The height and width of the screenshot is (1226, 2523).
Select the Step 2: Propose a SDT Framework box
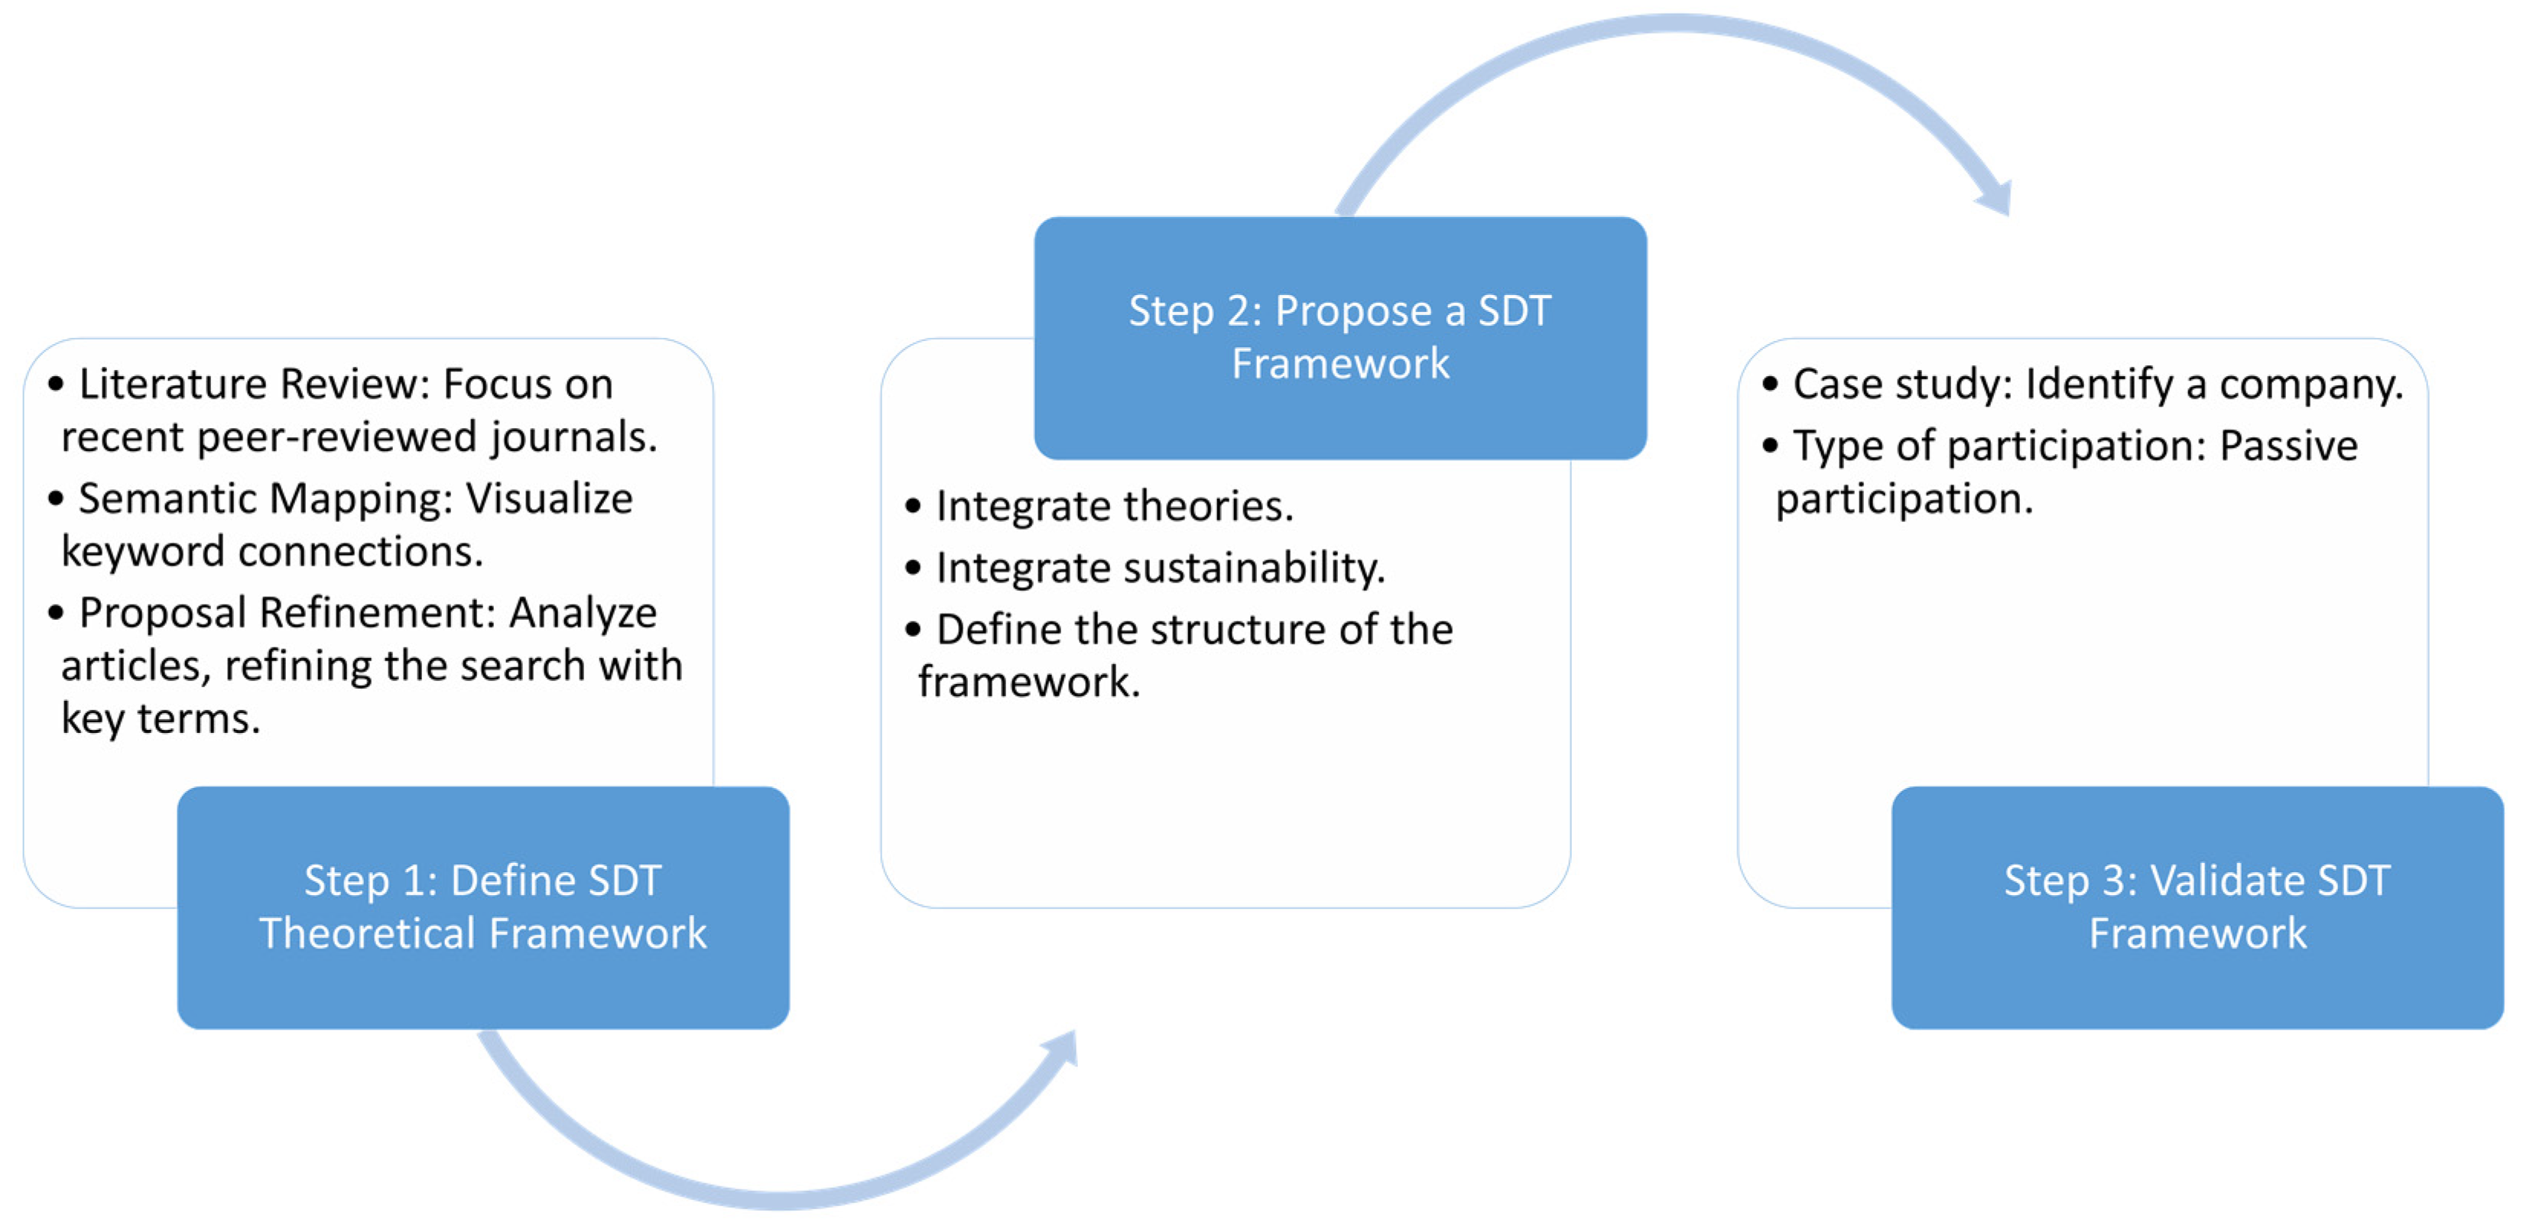tap(1339, 337)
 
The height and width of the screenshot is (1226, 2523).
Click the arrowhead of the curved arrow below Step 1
tap(1063, 1049)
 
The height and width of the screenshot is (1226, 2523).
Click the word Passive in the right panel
tap(2288, 446)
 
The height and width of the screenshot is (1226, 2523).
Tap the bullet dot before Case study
tap(1769, 384)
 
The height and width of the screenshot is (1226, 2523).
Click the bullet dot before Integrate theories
tap(913, 506)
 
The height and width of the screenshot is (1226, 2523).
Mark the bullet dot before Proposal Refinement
tap(56, 613)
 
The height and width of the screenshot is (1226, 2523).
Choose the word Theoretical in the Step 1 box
tap(366, 932)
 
